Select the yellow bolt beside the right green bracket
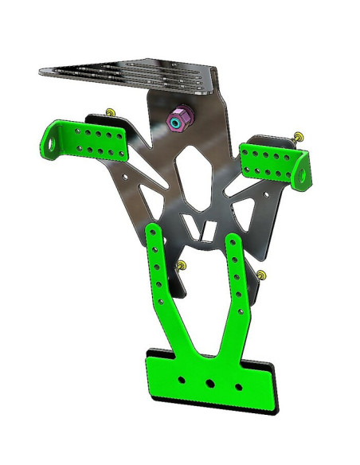coord(299,138)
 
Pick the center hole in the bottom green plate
coord(210,384)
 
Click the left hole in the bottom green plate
coord(182,379)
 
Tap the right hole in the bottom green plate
coord(238,387)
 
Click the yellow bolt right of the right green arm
coord(264,275)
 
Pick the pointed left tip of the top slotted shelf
coord(42,71)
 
